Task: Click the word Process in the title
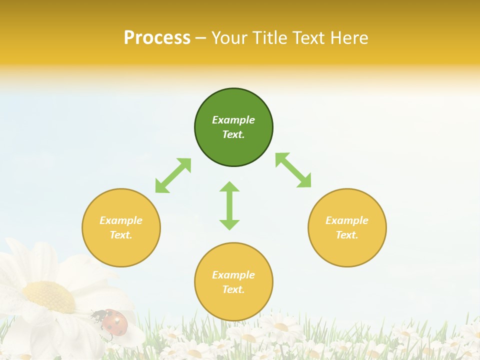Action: tap(157, 38)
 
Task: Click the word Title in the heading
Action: tap(270, 38)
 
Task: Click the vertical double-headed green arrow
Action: tap(229, 205)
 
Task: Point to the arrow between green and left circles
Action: tap(173, 175)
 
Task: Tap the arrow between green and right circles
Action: tap(293, 170)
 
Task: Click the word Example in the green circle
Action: tap(233, 120)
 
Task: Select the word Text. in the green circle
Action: tap(233, 134)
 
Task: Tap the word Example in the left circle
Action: tap(121, 220)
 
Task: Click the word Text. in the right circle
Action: tap(347, 235)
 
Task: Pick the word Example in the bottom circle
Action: tap(233, 275)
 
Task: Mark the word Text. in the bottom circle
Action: tap(233, 289)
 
